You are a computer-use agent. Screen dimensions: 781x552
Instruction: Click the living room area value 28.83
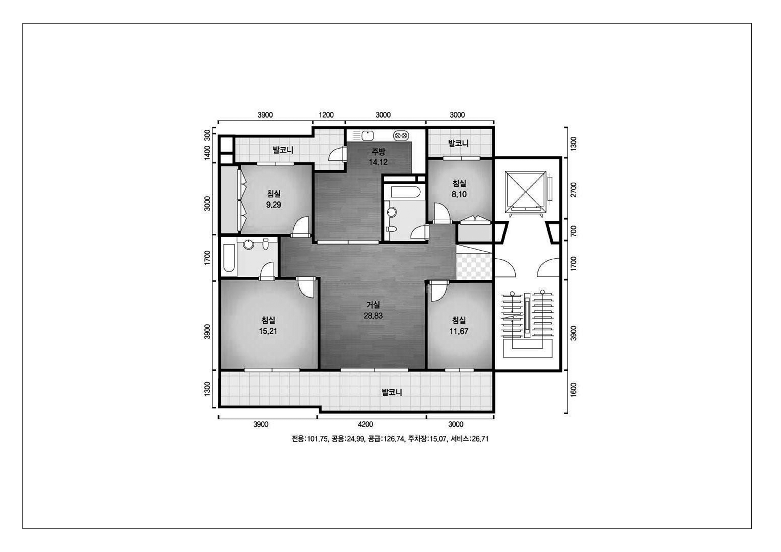tap(373, 316)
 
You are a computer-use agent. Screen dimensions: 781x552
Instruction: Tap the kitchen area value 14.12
tap(378, 162)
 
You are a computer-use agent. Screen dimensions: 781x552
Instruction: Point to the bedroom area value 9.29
tap(274, 205)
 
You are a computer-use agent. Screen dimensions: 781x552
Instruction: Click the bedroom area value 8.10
tap(459, 194)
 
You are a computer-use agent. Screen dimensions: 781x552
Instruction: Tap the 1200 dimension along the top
tap(326, 115)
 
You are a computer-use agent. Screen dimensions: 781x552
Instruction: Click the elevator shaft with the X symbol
tap(526, 192)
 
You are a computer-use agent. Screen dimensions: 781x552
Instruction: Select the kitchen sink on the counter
tap(367, 135)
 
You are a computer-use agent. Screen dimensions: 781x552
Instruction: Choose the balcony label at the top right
tap(459, 143)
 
